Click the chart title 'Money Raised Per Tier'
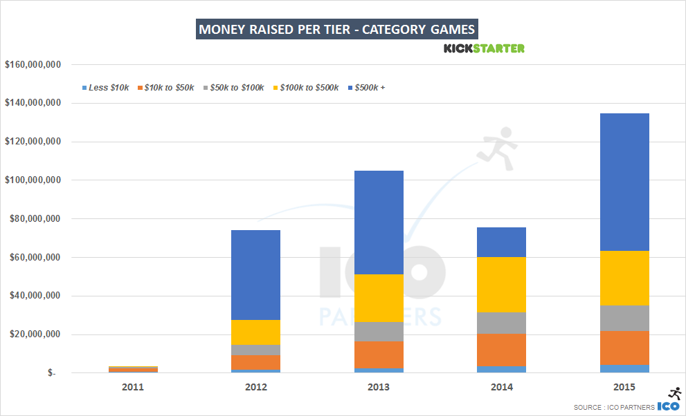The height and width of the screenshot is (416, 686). tap(337, 30)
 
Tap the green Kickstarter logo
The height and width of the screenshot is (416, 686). tap(484, 48)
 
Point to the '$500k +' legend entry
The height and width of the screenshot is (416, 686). tap(370, 88)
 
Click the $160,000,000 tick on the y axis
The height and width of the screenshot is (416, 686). tap(33, 65)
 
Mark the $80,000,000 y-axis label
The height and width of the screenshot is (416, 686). tap(33, 219)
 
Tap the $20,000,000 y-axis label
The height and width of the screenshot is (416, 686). tap(33, 335)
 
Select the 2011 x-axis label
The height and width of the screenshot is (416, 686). tap(132, 387)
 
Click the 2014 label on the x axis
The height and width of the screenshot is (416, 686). tap(502, 387)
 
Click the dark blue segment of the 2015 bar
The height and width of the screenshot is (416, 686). tap(624, 181)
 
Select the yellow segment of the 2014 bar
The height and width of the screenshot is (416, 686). tap(502, 284)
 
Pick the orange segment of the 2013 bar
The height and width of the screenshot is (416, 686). tap(379, 354)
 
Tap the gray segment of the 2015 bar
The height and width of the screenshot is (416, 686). tap(624, 317)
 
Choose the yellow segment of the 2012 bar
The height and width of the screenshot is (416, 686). tap(255, 332)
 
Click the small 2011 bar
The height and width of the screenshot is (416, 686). tap(132, 370)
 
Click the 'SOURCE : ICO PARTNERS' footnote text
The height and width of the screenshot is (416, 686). tap(613, 408)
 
